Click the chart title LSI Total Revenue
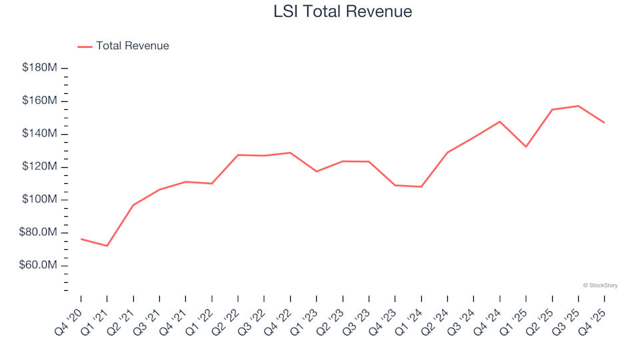click(x=343, y=11)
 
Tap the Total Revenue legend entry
click(x=123, y=46)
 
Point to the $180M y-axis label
click(x=39, y=68)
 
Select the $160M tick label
click(x=39, y=101)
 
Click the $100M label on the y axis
click(x=39, y=200)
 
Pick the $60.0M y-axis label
click(x=39, y=265)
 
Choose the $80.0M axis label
click(x=39, y=233)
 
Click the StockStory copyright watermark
click(x=600, y=285)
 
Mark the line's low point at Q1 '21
click(x=107, y=246)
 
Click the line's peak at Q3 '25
click(x=578, y=106)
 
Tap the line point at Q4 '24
click(x=499, y=121)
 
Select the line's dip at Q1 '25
click(x=526, y=147)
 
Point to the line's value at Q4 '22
click(x=290, y=153)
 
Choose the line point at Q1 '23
click(x=316, y=171)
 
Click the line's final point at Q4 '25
click(x=604, y=123)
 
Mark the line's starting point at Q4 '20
click(x=81, y=239)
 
